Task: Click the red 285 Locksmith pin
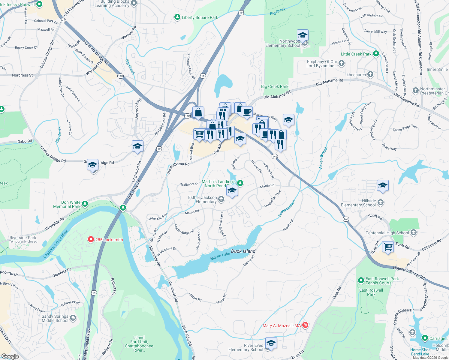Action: tap(91, 239)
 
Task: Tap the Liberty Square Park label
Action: tap(200, 17)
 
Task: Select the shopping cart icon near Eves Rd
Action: tap(388, 247)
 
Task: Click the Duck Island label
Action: tap(243, 251)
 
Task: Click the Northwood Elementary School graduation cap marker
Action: tap(303, 35)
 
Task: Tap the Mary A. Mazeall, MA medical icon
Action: tap(305, 325)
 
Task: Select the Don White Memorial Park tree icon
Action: tap(85, 204)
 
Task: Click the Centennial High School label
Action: tap(387, 233)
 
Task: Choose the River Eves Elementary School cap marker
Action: tap(271, 343)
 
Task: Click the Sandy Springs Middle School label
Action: tap(55, 318)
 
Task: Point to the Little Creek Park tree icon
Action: tap(376, 54)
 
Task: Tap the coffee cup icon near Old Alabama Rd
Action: tap(247, 112)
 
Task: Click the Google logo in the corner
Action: tap(10, 356)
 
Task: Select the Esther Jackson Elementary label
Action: tap(202, 199)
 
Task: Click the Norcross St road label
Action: tap(23, 75)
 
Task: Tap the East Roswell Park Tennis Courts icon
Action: tap(361, 280)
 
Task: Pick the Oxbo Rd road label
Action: tap(25, 141)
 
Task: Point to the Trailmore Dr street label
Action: tap(189, 184)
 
